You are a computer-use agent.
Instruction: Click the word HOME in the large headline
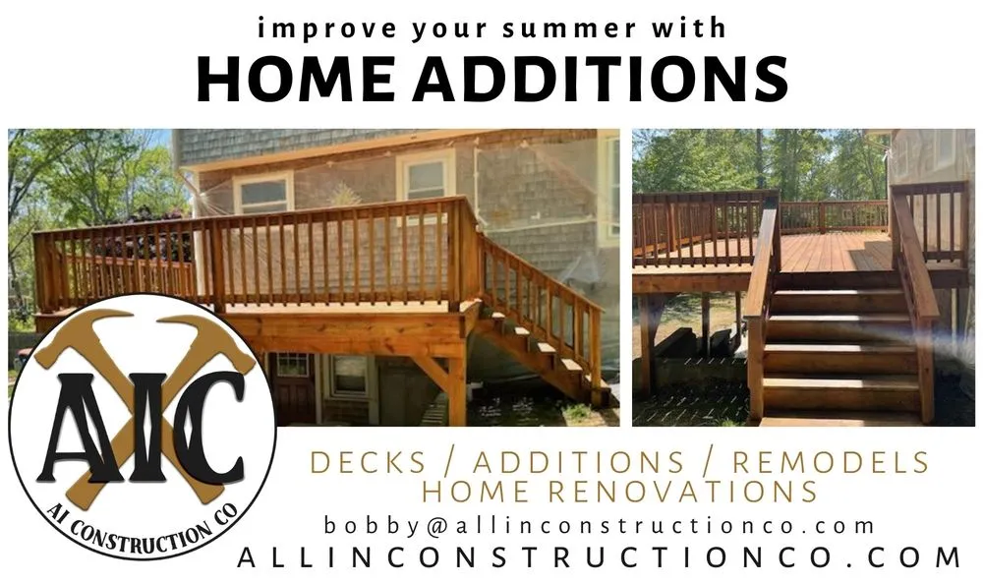(295, 79)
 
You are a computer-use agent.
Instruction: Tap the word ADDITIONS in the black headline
(600, 79)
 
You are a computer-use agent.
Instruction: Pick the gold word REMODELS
(831, 462)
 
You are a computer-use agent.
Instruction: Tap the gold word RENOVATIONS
(682, 492)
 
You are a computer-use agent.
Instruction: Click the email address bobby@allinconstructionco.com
(600, 526)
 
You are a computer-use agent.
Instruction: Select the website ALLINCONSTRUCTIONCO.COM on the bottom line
(600, 557)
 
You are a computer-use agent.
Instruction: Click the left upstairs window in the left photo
(263, 193)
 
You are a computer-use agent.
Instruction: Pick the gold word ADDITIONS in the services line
(578, 462)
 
